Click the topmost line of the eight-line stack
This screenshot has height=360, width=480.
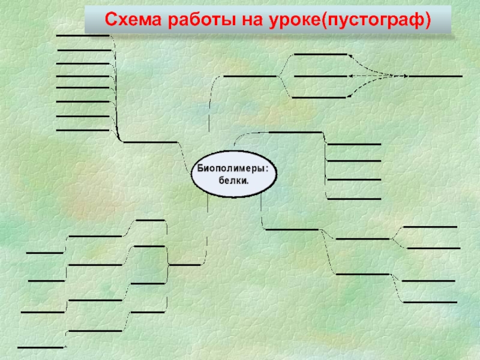click(82, 36)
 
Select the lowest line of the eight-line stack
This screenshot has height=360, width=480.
click(82, 130)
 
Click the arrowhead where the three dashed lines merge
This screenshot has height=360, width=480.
click(406, 76)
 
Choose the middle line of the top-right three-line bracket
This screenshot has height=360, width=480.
click(320, 76)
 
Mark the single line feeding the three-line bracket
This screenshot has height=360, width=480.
click(250, 76)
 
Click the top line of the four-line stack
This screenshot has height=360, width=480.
click(354, 145)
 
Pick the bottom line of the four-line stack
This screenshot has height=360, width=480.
click(354, 199)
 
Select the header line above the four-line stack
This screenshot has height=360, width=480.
click(295, 132)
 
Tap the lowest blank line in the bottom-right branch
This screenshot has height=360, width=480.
click(430, 302)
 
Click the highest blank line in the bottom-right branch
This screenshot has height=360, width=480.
click(430, 227)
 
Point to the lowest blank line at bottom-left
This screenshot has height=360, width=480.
click(40, 347)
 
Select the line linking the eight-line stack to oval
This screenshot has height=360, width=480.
click(150, 142)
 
